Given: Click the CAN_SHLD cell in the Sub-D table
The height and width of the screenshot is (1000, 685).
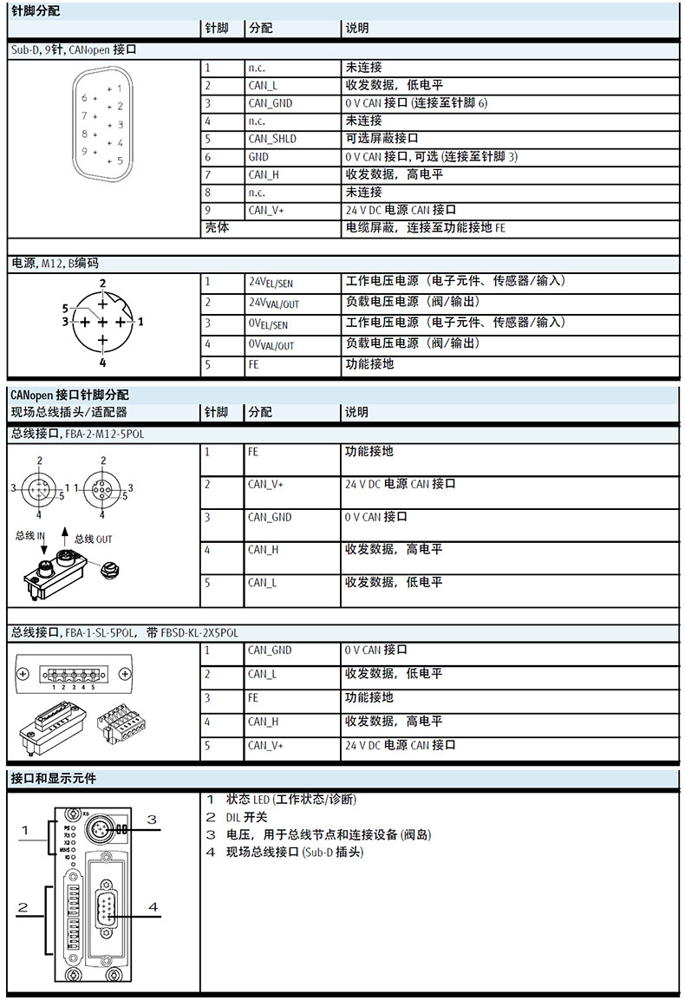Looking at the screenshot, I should [x=272, y=139].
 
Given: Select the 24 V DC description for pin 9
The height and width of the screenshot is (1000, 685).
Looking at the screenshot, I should [x=401, y=210].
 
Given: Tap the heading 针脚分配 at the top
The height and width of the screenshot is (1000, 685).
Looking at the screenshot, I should [x=29, y=10].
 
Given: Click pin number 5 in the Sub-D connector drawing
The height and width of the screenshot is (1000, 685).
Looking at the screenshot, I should [x=120, y=160].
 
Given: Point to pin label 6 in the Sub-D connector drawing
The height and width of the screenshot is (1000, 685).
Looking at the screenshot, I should [x=84, y=97].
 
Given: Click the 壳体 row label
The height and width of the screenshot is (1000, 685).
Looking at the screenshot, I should [x=216, y=228].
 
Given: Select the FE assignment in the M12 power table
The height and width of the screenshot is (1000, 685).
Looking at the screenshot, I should [x=254, y=365].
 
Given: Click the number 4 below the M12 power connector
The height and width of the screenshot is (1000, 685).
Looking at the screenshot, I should [x=102, y=363].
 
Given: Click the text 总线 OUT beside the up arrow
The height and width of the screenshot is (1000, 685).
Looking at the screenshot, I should [x=93, y=539].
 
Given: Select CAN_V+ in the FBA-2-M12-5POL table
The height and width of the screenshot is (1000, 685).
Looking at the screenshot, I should [x=265, y=484].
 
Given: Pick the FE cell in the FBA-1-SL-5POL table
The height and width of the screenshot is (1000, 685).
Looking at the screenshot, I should [x=254, y=697].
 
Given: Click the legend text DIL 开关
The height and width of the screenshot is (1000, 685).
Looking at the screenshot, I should [x=246, y=817].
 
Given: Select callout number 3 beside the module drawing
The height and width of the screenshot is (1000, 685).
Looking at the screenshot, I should [x=151, y=819].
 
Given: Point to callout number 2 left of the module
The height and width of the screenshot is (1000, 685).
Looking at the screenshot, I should [x=23, y=907].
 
